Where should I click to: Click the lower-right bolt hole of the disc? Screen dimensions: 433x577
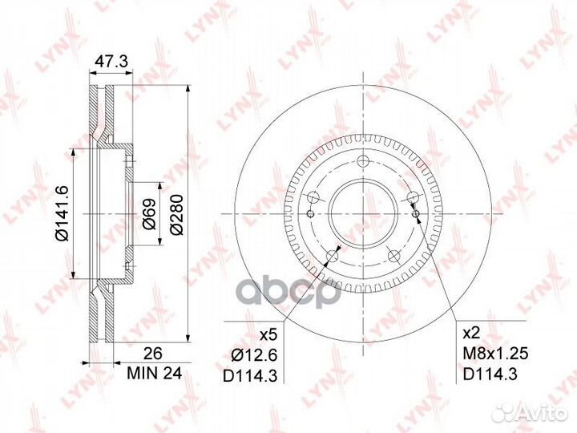[x=394, y=255]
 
